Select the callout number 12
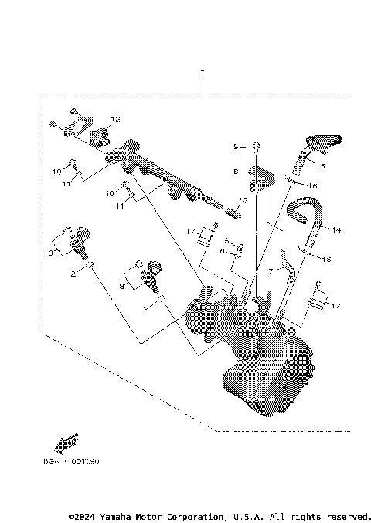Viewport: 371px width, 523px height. point(116,120)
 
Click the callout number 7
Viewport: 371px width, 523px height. point(271,271)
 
